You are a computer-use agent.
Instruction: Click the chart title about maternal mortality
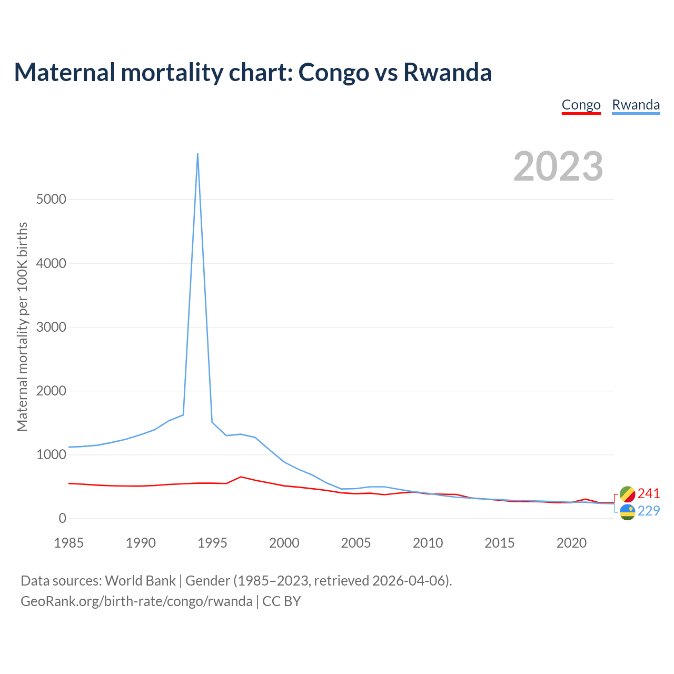click(x=253, y=72)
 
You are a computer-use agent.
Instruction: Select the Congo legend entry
click(x=581, y=105)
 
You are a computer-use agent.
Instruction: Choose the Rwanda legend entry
click(x=636, y=105)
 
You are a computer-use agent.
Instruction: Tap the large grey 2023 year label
click(x=558, y=166)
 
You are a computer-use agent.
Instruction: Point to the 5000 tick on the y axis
click(x=52, y=199)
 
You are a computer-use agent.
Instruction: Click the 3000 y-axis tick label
click(x=52, y=327)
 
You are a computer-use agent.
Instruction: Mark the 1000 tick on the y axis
click(x=52, y=454)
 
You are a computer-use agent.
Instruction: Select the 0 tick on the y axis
click(x=63, y=519)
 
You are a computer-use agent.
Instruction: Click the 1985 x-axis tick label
click(x=69, y=543)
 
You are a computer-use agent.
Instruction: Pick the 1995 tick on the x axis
click(x=212, y=543)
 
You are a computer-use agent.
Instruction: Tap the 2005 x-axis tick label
click(x=356, y=543)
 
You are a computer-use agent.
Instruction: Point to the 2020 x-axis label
click(x=571, y=543)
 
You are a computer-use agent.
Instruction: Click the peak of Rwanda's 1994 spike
click(x=197, y=154)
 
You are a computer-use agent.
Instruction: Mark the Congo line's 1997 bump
click(x=241, y=477)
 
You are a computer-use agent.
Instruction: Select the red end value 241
click(x=648, y=493)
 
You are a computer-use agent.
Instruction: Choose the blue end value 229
click(x=648, y=511)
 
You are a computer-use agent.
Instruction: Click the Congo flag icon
click(x=627, y=494)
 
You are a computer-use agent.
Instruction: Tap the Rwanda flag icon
click(x=627, y=512)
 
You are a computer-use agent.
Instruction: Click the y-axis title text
click(x=22, y=326)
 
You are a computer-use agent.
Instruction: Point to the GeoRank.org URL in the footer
click(x=136, y=601)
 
